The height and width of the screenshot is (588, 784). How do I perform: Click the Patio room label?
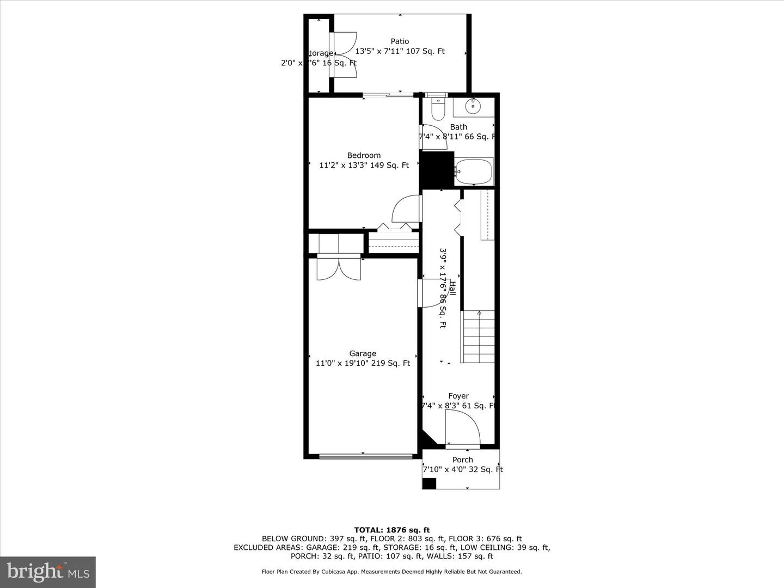click(x=400, y=41)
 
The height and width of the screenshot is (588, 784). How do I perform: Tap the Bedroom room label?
click(x=364, y=156)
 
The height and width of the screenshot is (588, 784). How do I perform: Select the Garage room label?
click(x=363, y=354)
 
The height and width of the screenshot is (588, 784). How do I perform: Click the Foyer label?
click(x=458, y=396)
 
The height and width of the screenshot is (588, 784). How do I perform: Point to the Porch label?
click(x=462, y=460)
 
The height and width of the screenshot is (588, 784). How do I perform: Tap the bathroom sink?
click(x=473, y=106)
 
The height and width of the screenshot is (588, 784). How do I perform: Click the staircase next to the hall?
click(x=478, y=336)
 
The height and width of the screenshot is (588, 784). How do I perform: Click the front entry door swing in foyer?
click(x=462, y=428)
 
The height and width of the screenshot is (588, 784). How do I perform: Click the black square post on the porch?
click(x=430, y=483)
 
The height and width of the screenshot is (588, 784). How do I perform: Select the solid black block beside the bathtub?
click(x=437, y=170)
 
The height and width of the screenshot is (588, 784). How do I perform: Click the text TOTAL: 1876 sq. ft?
click(x=391, y=530)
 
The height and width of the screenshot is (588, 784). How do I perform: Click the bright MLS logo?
click(x=48, y=572)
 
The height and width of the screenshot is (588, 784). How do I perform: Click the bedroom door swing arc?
click(x=406, y=209)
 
